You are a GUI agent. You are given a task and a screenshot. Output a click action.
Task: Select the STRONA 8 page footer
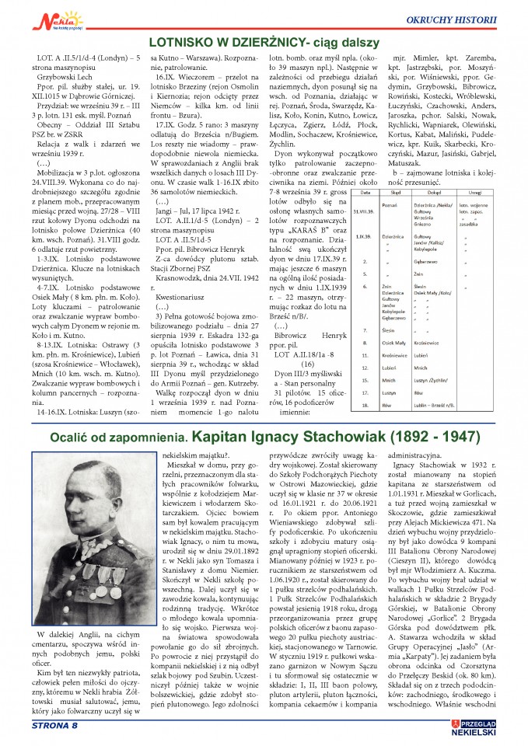55,726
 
